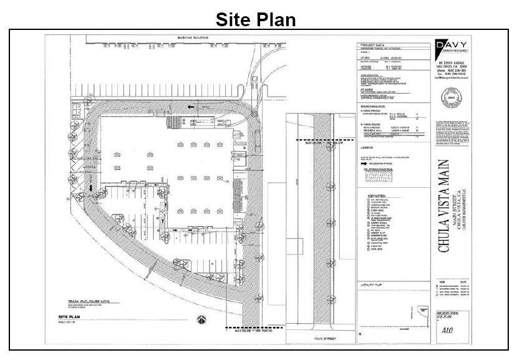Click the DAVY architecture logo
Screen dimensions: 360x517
(x=451, y=47)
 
